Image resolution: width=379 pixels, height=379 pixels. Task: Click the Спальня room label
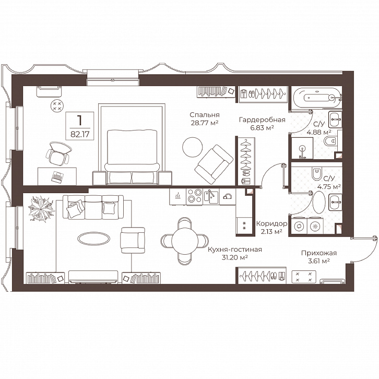point(204,115)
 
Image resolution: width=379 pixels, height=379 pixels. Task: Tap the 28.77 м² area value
point(205,123)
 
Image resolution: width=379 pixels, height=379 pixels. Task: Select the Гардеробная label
point(262,120)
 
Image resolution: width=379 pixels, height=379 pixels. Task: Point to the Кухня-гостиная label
point(235,250)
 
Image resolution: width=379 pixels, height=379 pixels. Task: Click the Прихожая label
point(319,253)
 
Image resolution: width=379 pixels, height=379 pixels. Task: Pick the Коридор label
point(271,224)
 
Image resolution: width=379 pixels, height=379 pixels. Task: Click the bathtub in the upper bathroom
point(317,98)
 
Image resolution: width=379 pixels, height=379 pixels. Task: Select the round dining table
point(185,241)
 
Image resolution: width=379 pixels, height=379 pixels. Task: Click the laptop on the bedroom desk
point(57,176)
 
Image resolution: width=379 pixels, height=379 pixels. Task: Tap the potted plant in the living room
point(41,209)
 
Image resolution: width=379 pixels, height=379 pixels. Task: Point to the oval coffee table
point(94,239)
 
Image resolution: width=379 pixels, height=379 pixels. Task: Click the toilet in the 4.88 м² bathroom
point(330,141)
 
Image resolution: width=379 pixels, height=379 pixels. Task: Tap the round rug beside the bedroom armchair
point(193,147)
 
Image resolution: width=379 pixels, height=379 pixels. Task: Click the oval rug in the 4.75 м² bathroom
point(319,203)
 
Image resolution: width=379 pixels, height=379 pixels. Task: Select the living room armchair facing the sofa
point(133,240)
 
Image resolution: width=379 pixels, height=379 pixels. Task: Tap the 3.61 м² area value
point(319,261)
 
